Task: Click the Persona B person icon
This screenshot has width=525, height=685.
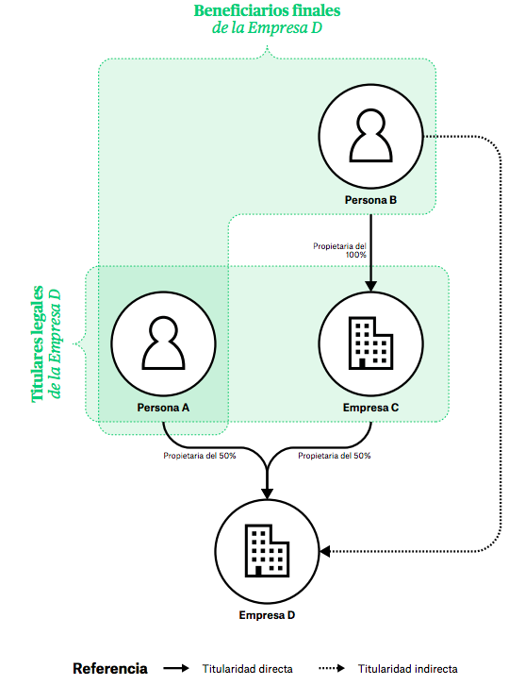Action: pyautogui.click(x=371, y=138)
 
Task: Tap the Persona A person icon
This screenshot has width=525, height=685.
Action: pyautogui.click(x=164, y=342)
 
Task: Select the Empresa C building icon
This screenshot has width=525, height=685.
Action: pyautogui.click(x=371, y=342)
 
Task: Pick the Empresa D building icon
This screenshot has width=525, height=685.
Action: pyautogui.click(x=268, y=550)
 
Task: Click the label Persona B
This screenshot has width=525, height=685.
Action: pyautogui.click(x=371, y=200)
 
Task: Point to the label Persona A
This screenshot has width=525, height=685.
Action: pyautogui.click(x=164, y=407)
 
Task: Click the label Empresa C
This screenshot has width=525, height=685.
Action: pyautogui.click(x=371, y=407)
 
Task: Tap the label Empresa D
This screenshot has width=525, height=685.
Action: pyautogui.click(x=268, y=615)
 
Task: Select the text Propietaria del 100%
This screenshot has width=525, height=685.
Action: pyautogui.click(x=340, y=250)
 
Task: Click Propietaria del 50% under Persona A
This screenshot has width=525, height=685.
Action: pyautogui.click(x=199, y=456)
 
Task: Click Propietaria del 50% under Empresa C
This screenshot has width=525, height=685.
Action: pyautogui.click(x=335, y=456)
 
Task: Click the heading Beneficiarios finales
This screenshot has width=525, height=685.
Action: pyautogui.click(x=267, y=11)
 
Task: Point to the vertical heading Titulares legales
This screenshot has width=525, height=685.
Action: pyautogui.click(x=40, y=344)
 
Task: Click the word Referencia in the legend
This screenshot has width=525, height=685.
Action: pyautogui.click(x=110, y=668)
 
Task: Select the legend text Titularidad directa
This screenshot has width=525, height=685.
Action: pyautogui.click(x=247, y=669)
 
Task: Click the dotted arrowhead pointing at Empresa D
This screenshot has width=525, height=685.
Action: pyautogui.click(x=327, y=550)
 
